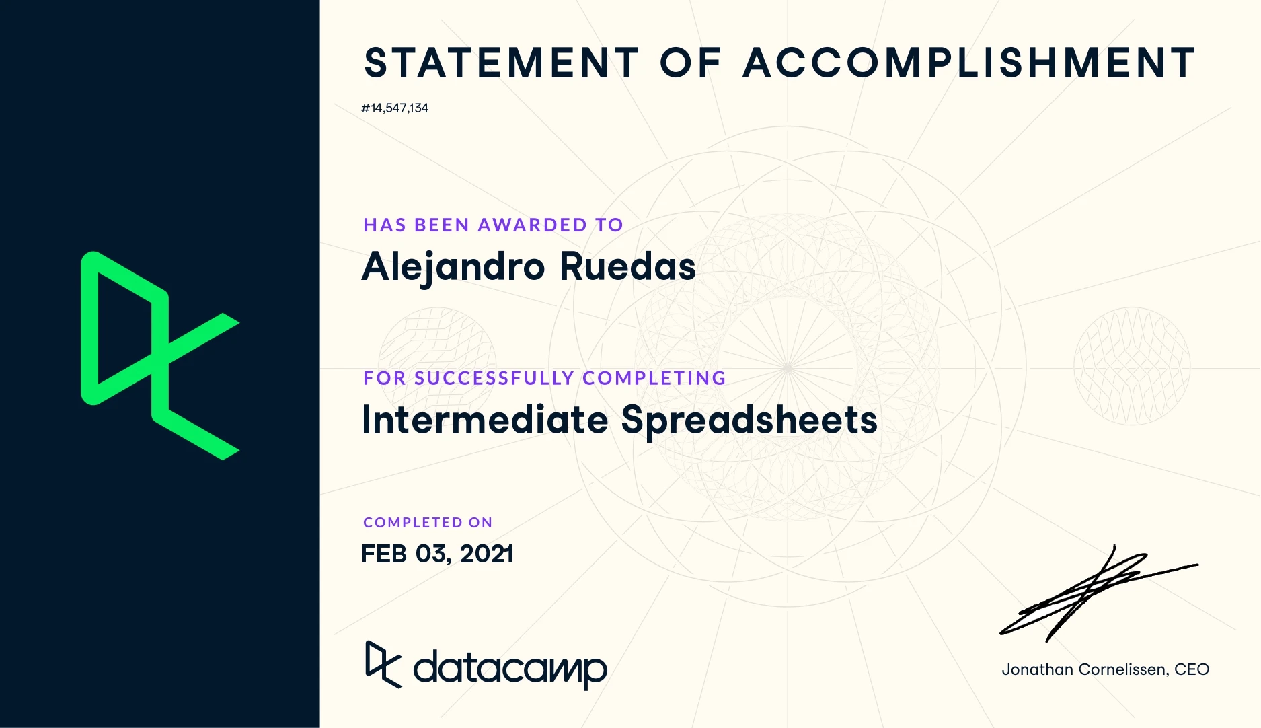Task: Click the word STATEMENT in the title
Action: click(502, 63)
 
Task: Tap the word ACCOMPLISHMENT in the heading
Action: click(969, 63)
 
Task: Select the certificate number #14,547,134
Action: click(395, 108)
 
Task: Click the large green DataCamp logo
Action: click(160, 355)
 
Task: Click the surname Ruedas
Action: click(627, 266)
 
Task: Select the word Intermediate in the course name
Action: click(485, 420)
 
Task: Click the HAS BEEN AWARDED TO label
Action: click(493, 225)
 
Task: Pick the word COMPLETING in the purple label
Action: click(654, 378)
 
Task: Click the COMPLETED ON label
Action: click(428, 523)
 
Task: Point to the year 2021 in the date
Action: click(487, 554)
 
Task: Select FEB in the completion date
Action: click(384, 554)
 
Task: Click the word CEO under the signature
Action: click(1192, 669)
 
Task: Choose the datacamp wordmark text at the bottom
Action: click(510, 668)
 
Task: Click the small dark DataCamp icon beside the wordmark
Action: click(383, 665)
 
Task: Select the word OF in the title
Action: click(691, 63)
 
